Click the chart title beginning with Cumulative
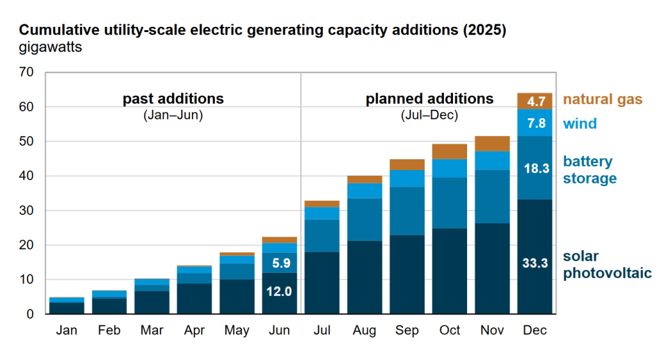point(262,31)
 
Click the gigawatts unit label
point(50,47)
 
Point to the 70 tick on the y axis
point(26,72)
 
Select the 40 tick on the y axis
point(26,176)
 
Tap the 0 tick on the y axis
point(30,314)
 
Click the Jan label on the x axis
point(67,330)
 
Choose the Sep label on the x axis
point(407,330)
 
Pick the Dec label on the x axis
point(534,330)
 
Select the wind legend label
point(579,123)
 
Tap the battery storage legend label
point(589,169)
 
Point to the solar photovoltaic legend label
point(607,264)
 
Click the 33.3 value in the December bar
point(534,262)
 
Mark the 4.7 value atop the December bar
point(534,101)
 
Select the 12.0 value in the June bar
point(280,291)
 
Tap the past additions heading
point(173,99)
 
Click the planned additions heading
point(429,99)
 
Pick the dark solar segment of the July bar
point(322,282)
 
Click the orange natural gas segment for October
point(450,151)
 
